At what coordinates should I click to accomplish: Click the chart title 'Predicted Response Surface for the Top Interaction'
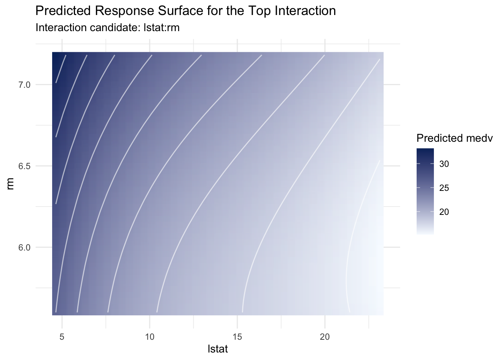coord(185,11)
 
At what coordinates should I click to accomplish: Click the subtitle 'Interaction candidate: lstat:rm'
coord(107,28)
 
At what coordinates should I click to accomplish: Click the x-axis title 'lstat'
coord(217,349)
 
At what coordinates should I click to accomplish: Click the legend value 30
coord(444,164)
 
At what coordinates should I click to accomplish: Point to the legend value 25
coord(444,188)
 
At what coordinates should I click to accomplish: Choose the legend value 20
coord(444,212)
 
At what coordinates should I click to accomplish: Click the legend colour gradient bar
coord(425,191)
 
